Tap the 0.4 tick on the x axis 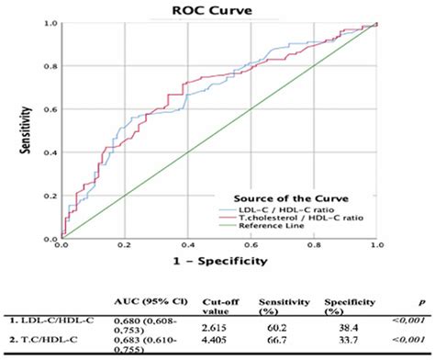coord(187,246)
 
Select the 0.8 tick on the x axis coord(313,246)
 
